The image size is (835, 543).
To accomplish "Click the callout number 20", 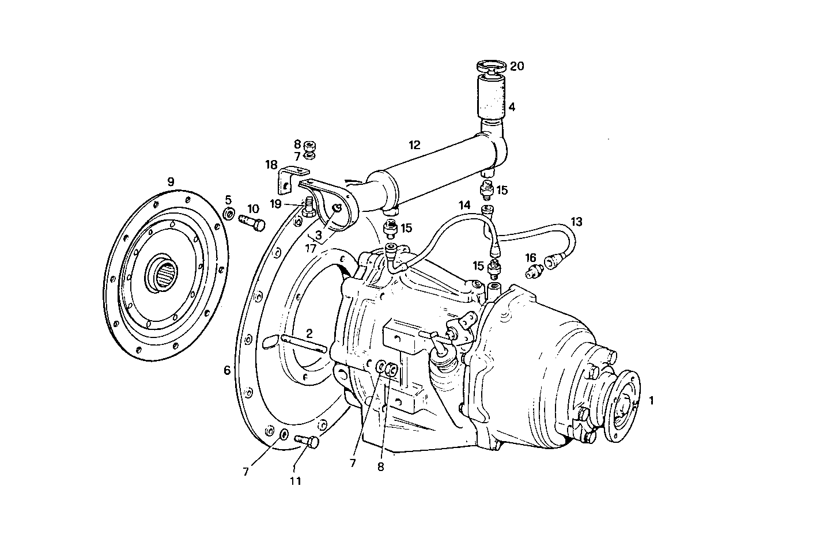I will pyautogui.click(x=517, y=67).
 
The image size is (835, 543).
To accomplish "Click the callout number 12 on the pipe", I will pyautogui.click(x=415, y=145).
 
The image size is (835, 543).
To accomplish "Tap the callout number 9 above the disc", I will pyautogui.click(x=171, y=181).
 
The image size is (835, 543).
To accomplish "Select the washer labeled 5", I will pyautogui.click(x=229, y=215).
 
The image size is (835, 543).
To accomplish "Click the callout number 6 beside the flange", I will pyautogui.click(x=227, y=370).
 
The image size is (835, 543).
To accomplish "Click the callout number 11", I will pyautogui.click(x=295, y=481).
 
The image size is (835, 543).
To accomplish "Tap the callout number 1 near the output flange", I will pyautogui.click(x=652, y=399).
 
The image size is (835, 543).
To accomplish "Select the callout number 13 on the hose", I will pyautogui.click(x=577, y=221).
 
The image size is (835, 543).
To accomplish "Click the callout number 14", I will pyautogui.click(x=465, y=205).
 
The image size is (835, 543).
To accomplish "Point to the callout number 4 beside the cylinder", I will pyautogui.click(x=512, y=107).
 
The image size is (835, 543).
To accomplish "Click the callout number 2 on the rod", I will pyautogui.click(x=309, y=333).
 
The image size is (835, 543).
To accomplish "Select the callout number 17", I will pyautogui.click(x=311, y=249).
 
